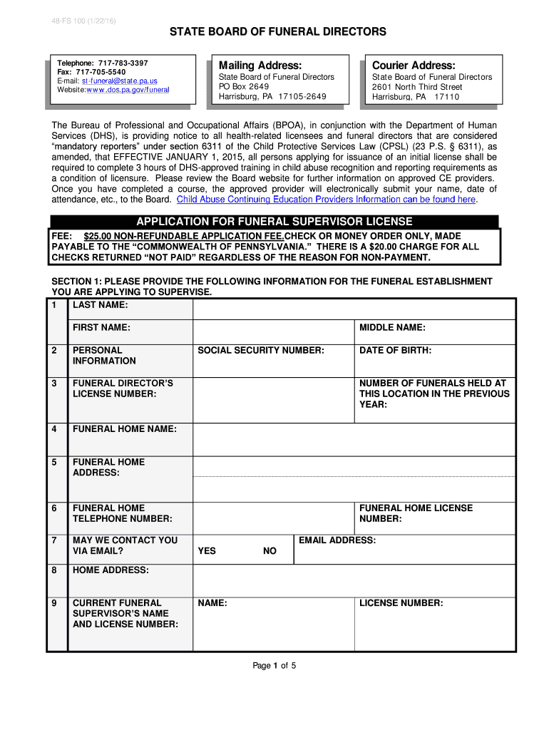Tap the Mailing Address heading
click(x=255, y=65)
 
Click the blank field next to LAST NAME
click(x=354, y=309)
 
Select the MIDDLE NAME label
click(x=392, y=327)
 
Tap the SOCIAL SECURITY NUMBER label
click(x=261, y=350)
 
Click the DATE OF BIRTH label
click(x=395, y=350)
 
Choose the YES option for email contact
click(x=207, y=551)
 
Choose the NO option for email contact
click(x=270, y=551)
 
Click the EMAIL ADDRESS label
click(x=337, y=540)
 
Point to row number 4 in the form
click(x=54, y=428)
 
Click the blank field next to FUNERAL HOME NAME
click(x=354, y=439)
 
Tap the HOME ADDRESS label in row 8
click(x=111, y=570)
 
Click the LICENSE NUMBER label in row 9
click(x=401, y=603)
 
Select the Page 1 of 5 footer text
click(x=274, y=666)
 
